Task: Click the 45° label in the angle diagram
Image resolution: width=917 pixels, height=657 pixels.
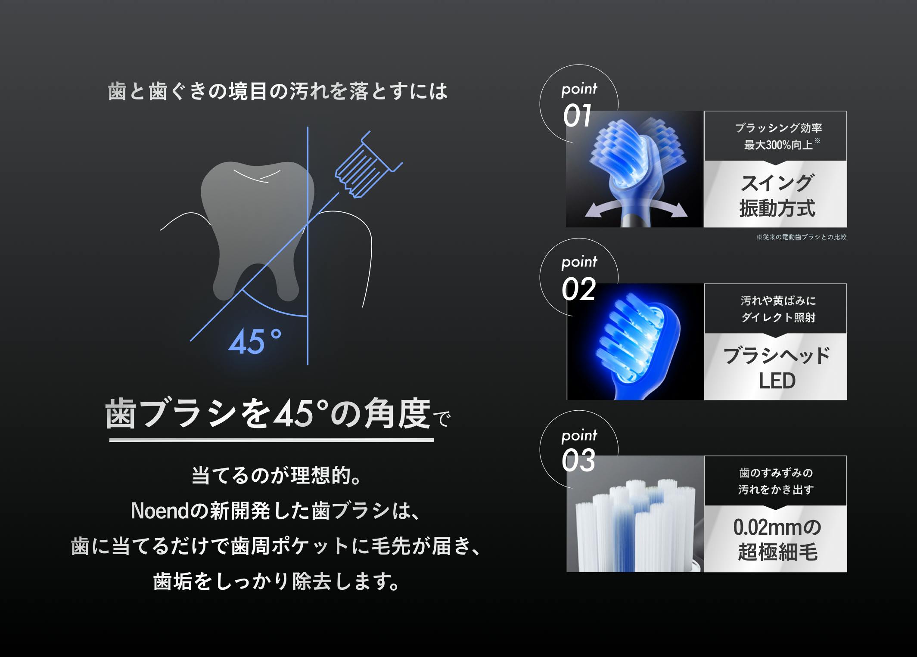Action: click(x=255, y=341)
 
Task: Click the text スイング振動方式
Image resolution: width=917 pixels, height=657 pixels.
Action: click(x=777, y=195)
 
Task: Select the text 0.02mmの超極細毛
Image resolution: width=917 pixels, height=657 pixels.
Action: click(x=777, y=540)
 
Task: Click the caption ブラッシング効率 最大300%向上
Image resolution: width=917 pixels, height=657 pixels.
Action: click(x=778, y=136)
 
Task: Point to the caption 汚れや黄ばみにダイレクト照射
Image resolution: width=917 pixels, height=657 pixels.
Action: click(x=778, y=309)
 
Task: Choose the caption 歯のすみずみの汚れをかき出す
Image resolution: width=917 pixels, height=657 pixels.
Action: click(x=776, y=481)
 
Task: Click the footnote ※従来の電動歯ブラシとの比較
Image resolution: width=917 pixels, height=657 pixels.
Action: click(x=801, y=237)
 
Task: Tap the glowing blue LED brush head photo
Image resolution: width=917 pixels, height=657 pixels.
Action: click(x=635, y=342)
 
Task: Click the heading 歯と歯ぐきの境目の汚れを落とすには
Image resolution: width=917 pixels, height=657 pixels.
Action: click(x=278, y=91)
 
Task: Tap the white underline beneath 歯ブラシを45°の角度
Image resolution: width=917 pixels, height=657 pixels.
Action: click(x=271, y=440)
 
